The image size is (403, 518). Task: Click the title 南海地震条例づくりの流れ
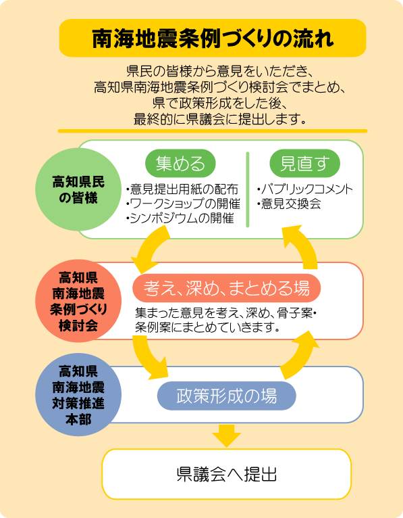coord(213,39)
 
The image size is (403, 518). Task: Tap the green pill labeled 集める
coord(180,163)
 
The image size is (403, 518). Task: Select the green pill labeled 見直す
coord(304,163)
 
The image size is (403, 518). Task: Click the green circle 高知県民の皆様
coord(78,189)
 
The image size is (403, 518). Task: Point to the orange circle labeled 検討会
coord(78,301)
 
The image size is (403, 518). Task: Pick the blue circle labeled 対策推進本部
coord(78,394)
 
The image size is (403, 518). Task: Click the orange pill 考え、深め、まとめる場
coord(227,288)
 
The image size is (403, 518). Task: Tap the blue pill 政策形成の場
coord(227,396)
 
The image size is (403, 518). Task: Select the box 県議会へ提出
coord(227,474)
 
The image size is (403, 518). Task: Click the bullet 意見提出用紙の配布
coord(182,189)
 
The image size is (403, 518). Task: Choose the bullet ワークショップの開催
coord(183,204)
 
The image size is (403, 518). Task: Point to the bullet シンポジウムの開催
coord(180,218)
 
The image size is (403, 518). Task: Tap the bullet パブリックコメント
coord(305,189)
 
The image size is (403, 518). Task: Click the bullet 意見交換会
coord(289,204)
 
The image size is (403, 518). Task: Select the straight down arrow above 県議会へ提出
coord(227,435)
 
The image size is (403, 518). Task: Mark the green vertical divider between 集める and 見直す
coord(248,189)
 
